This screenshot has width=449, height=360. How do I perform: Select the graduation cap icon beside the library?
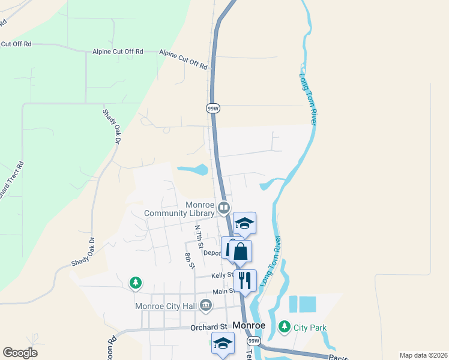244,224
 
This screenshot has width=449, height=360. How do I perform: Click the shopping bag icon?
240,251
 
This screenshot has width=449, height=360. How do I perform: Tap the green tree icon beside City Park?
284,327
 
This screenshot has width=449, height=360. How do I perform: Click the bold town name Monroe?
249,325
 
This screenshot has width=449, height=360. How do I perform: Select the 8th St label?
189,261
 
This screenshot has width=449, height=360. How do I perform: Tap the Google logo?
20,353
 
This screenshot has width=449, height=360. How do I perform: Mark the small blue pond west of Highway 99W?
193,170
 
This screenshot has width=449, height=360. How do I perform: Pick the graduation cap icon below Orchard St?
223,343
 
